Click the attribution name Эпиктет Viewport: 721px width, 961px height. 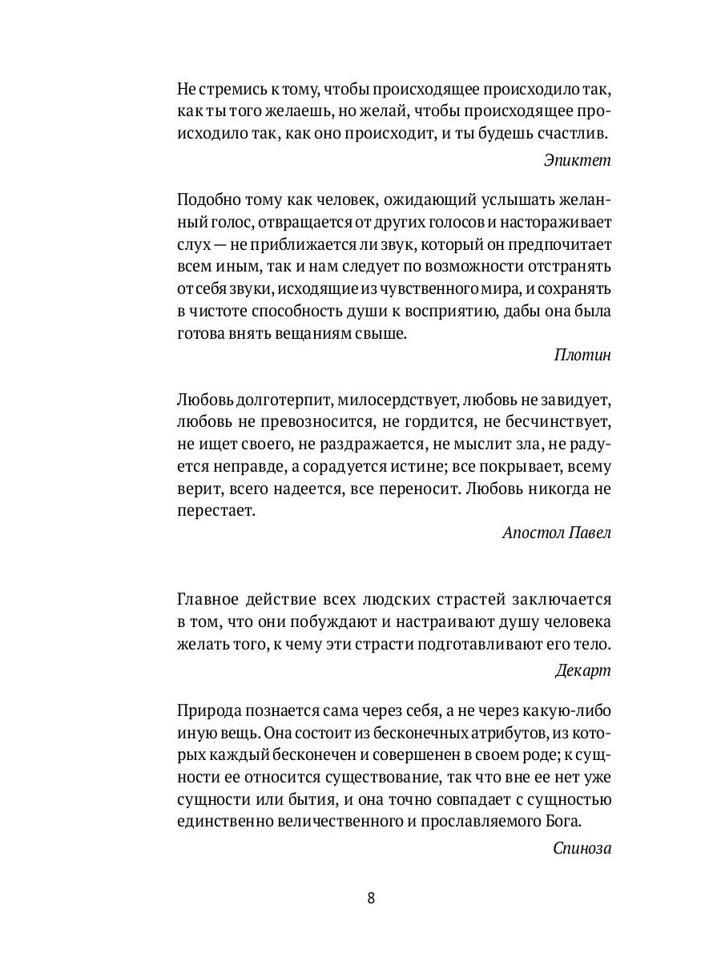(577, 159)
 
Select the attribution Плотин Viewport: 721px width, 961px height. (582, 356)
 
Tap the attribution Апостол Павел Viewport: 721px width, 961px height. (556, 533)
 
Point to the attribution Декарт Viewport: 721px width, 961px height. (582, 671)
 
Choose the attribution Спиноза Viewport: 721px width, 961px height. (582, 848)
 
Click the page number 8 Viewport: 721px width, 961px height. (371, 898)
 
